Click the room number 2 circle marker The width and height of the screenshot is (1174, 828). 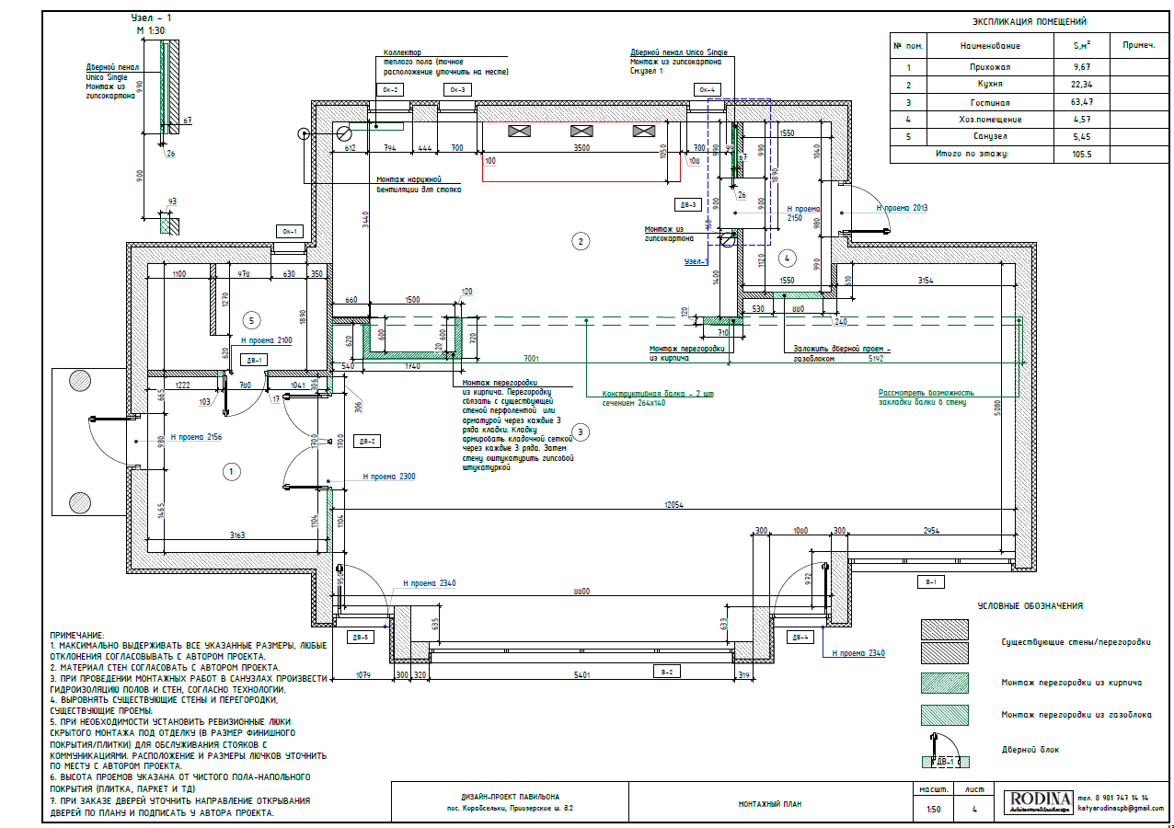(x=580, y=242)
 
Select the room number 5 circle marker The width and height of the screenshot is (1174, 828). (x=253, y=320)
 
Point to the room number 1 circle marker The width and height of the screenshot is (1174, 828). (x=231, y=472)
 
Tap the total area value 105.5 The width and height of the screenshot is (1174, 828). (x=1082, y=155)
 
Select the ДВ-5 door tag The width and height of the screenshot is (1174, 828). (x=360, y=637)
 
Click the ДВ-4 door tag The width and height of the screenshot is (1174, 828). (x=799, y=637)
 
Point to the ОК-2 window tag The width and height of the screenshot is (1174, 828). (x=389, y=89)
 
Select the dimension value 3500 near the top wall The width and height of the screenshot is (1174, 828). (x=581, y=147)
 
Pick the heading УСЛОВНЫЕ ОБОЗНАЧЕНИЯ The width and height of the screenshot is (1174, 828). (x=1030, y=606)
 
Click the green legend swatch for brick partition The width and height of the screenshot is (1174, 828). (x=945, y=683)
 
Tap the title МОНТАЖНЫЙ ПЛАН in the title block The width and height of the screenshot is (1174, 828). (x=769, y=804)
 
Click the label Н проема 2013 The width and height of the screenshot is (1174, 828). (x=903, y=209)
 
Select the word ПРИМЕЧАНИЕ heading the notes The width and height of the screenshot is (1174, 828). (x=77, y=636)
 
